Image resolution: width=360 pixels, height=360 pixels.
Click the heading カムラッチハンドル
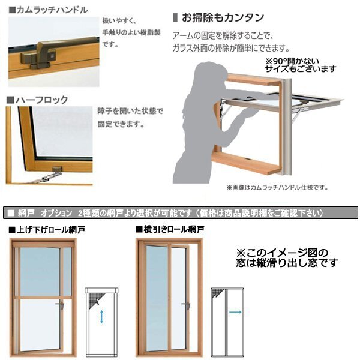pyautogui.click(x=48, y=10)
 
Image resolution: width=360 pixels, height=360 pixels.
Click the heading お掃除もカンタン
pyautogui.click(x=215, y=17)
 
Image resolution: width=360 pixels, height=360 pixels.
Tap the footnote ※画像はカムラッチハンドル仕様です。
pyautogui.click(x=277, y=188)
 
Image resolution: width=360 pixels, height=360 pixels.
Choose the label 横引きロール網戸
pyautogui.click(x=174, y=229)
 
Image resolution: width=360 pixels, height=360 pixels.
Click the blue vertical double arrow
pyautogui.click(x=102, y=317)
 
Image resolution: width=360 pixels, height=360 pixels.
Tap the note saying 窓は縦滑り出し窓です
pyautogui.click(x=286, y=263)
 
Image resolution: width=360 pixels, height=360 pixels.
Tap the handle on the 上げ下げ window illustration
pyautogui.click(x=61, y=307)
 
